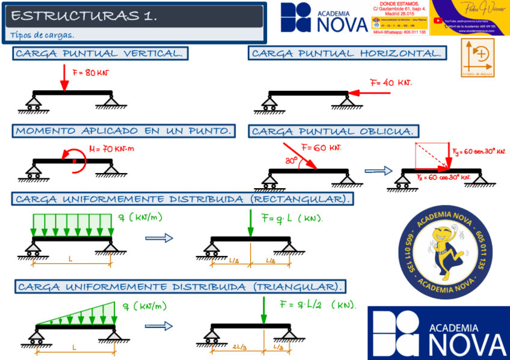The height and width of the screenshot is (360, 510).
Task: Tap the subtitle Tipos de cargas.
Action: pos(41,35)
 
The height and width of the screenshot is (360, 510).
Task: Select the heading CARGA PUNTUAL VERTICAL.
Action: pos(100,53)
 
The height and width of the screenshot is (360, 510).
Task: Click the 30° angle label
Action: pos(292,160)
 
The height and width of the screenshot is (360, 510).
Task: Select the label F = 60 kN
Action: pos(321,147)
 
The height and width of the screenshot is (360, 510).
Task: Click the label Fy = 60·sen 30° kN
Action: pos(479,151)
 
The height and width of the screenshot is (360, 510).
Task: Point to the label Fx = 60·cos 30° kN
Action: pos(443,177)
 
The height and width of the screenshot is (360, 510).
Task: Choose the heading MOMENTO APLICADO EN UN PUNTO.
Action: pos(124,131)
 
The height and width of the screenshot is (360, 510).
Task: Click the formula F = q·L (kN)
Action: pos(292,217)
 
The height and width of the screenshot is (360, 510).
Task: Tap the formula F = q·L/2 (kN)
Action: pos(318,304)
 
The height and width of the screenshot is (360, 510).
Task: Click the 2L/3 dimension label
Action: pos(238,347)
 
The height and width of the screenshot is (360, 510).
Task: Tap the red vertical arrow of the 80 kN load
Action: pos(63,78)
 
